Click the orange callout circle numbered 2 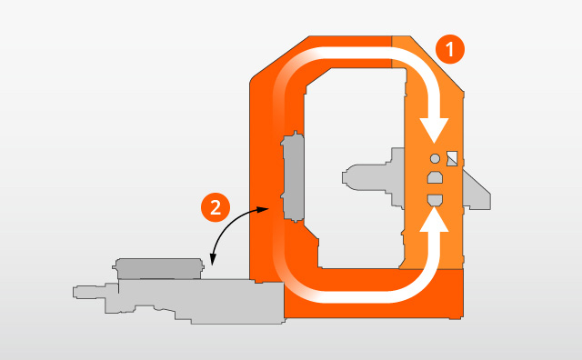pos(215,207)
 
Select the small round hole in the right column pos(434,158)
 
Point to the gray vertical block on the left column pos(293,177)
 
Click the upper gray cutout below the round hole pos(435,178)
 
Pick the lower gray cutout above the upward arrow pos(435,198)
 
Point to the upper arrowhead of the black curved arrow pos(266,208)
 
